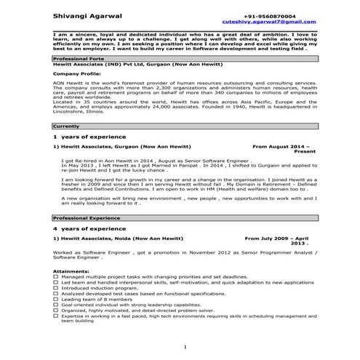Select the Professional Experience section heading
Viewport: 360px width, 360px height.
click(x=86, y=217)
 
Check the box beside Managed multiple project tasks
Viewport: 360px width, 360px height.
click(x=56, y=277)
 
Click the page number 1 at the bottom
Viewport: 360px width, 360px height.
click(x=185, y=346)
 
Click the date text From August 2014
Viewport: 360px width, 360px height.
click(x=284, y=146)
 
